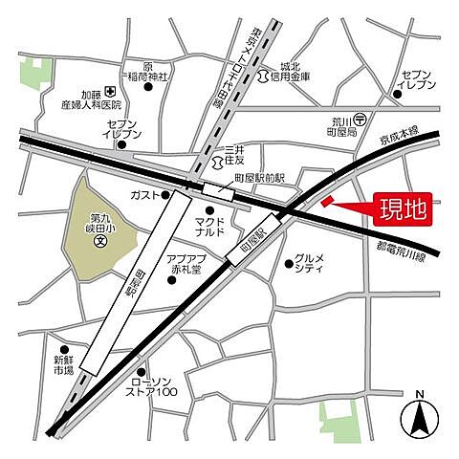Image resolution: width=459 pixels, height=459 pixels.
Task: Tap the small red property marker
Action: [x=326, y=201]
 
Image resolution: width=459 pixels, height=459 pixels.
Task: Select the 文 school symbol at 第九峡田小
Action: [x=99, y=241]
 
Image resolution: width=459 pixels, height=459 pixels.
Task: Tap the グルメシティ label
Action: [x=312, y=263]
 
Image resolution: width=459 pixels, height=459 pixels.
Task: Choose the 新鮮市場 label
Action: [x=63, y=366]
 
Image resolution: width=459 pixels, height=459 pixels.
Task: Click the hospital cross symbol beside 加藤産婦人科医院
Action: [x=111, y=92]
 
